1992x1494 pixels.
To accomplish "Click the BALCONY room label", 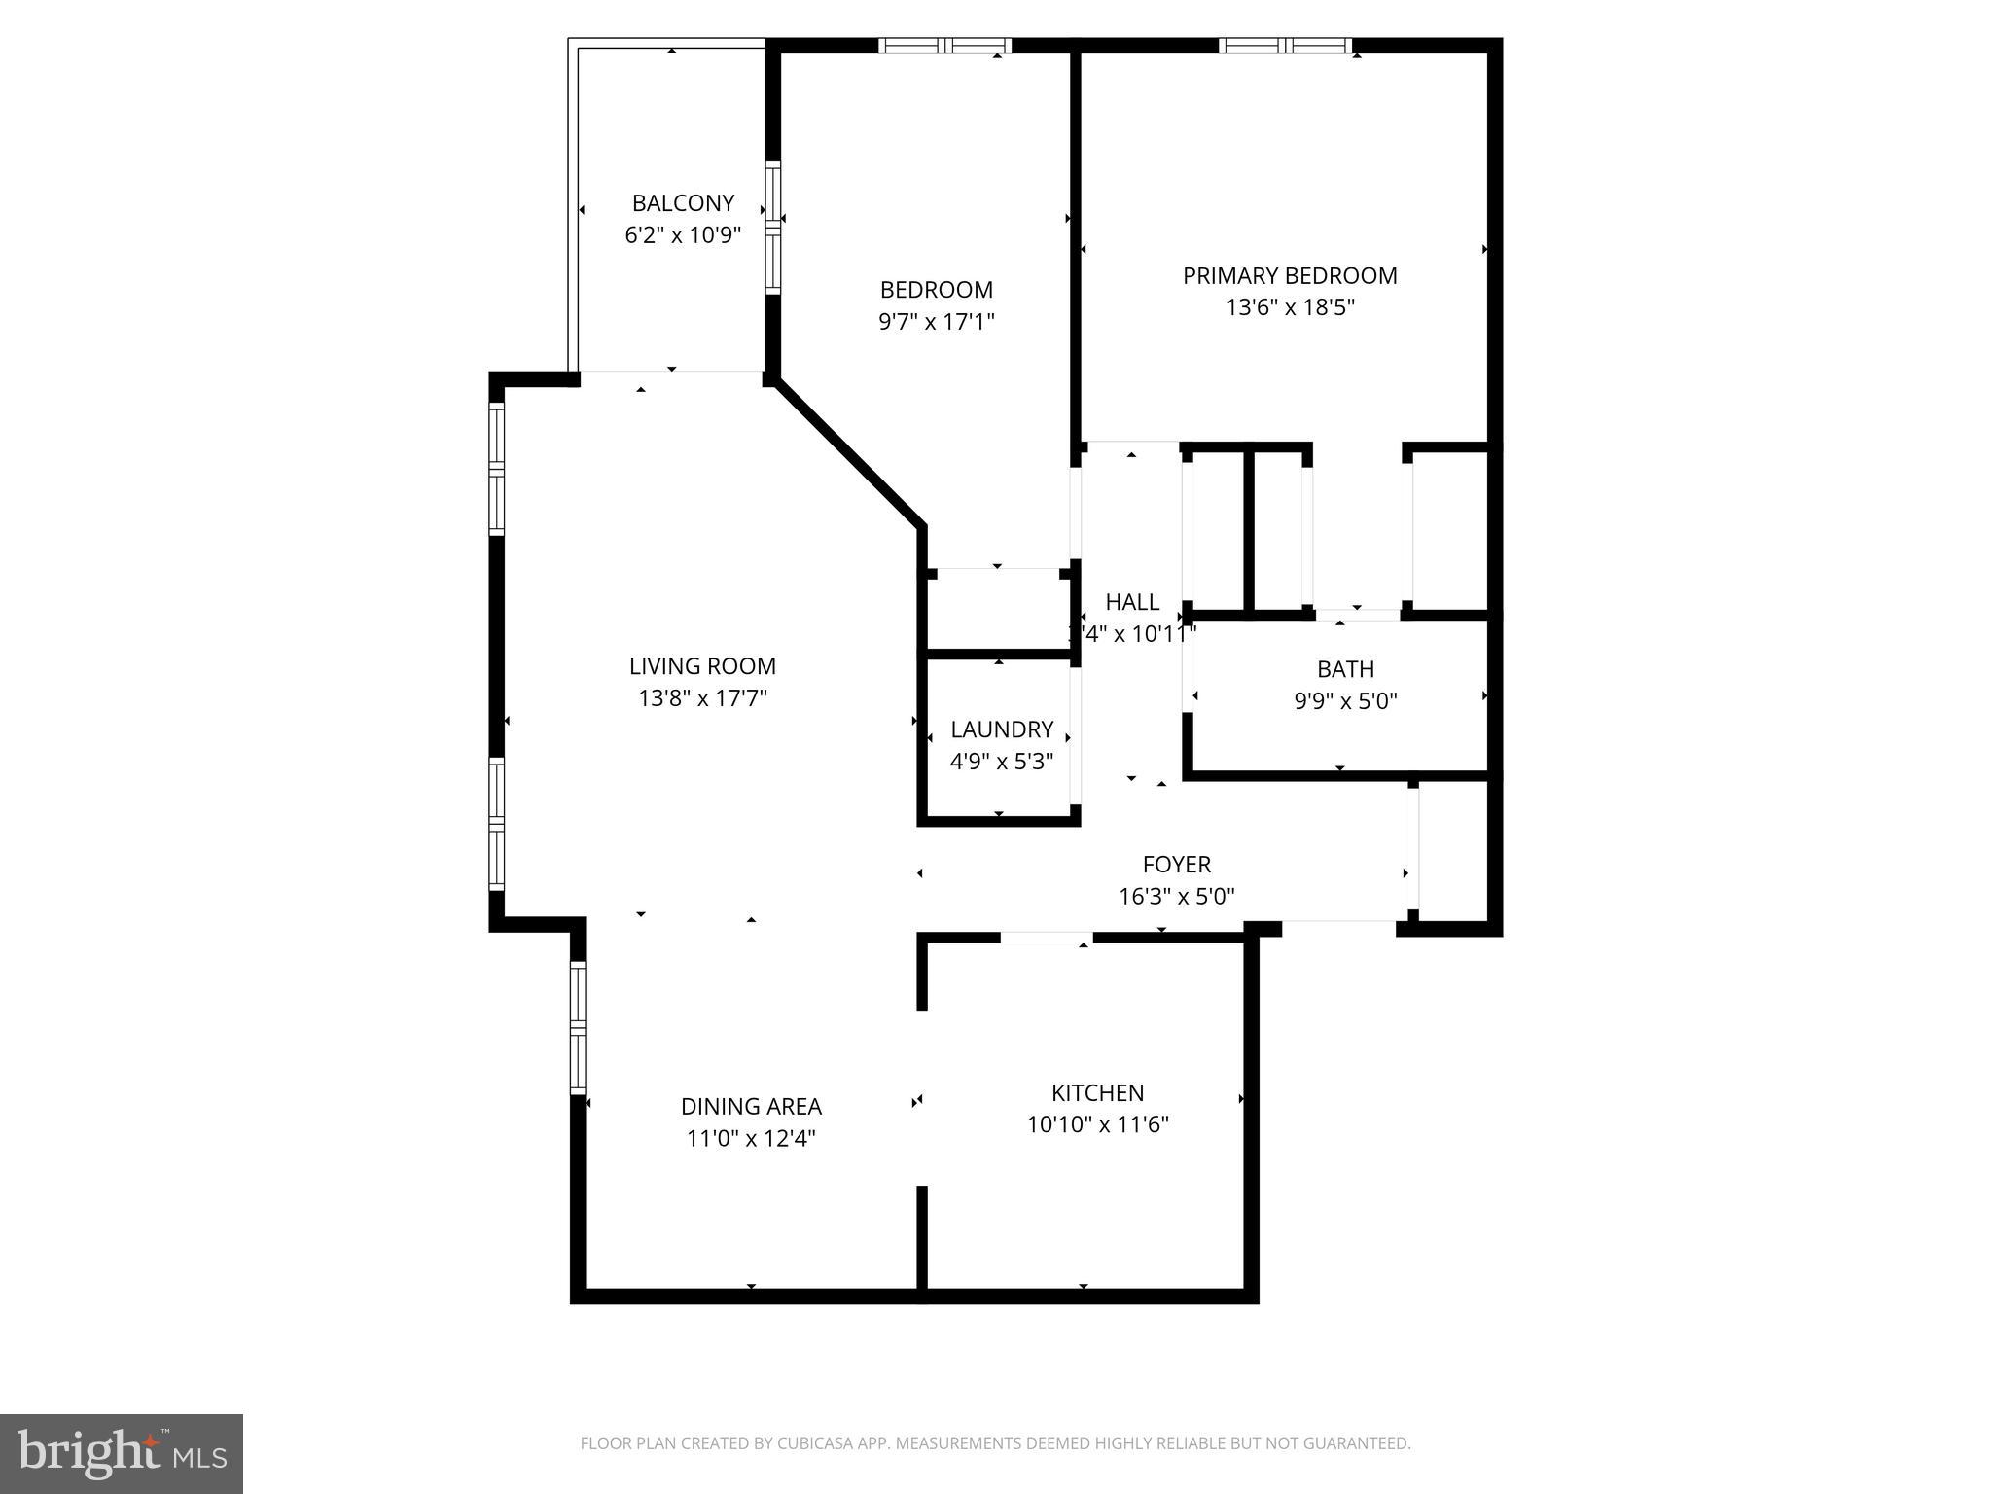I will click(x=683, y=203).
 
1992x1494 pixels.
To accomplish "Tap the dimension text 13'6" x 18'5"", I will click(x=1290, y=307).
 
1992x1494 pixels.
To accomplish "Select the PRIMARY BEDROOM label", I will click(x=1290, y=275).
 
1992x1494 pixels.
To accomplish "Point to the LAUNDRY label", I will click(x=1002, y=729).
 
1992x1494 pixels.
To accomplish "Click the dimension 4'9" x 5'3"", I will click(x=1002, y=761).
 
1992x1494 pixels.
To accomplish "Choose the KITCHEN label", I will click(x=1097, y=1092).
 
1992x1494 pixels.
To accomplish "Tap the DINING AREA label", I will click(x=751, y=1106).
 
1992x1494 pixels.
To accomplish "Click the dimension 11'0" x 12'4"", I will click(x=751, y=1138).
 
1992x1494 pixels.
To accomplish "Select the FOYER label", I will click(x=1176, y=864).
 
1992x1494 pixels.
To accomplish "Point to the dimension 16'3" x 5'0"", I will click(x=1176, y=896).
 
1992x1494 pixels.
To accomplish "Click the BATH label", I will click(x=1345, y=668).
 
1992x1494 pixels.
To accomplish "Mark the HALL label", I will click(x=1132, y=601).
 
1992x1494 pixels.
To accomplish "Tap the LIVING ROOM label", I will click(x=702, y=666).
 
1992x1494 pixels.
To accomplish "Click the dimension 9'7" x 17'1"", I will click(x=936, y=321).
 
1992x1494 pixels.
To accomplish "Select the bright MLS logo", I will click(x=122, y=1453).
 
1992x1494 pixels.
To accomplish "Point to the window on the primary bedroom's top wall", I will click(x=1285, y=45).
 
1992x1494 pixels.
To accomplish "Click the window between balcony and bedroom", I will click(x=773, y=229).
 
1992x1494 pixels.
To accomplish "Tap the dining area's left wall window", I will click(x=578, y=1027).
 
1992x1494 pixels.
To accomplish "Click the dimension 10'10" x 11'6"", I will click(x=1097, y=1124).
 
